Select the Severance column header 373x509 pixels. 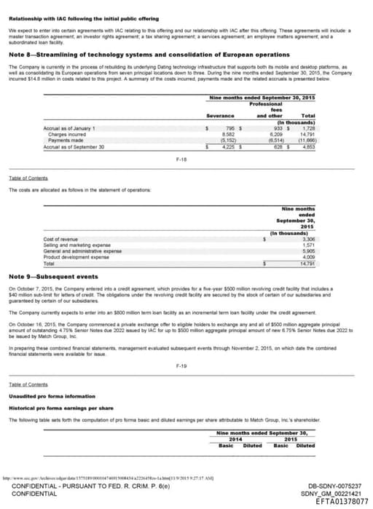(x=220, y=116)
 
